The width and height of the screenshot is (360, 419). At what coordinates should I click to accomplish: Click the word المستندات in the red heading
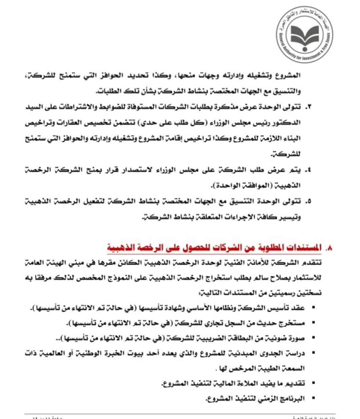pyautogui.click(x=305, y=248)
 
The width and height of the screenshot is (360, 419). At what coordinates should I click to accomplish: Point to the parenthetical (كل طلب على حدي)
pyautogui.click(x=181, y=123)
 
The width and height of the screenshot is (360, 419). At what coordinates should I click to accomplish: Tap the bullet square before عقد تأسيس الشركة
pyautogui.click(x=313, y=308)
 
